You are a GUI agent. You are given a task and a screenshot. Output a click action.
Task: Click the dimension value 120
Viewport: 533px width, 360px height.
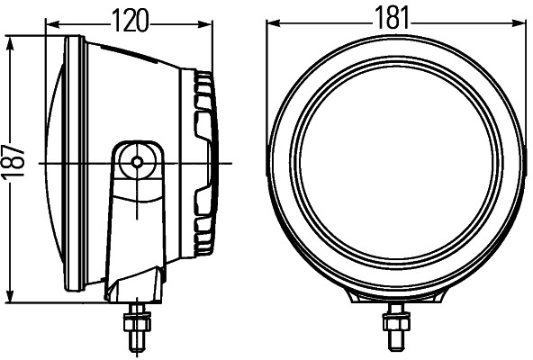click(131, 17)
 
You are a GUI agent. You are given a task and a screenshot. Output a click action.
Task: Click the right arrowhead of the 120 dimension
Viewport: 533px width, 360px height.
click(212, 19)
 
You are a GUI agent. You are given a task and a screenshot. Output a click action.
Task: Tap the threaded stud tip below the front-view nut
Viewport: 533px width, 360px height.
click(393, 343)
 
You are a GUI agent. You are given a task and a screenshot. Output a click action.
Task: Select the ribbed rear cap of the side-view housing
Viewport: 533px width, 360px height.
click(206, 162)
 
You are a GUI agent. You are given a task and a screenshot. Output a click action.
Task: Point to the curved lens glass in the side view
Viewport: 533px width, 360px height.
click(51, 166)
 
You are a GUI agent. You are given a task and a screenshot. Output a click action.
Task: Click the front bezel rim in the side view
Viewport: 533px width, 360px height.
click(76, 166)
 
